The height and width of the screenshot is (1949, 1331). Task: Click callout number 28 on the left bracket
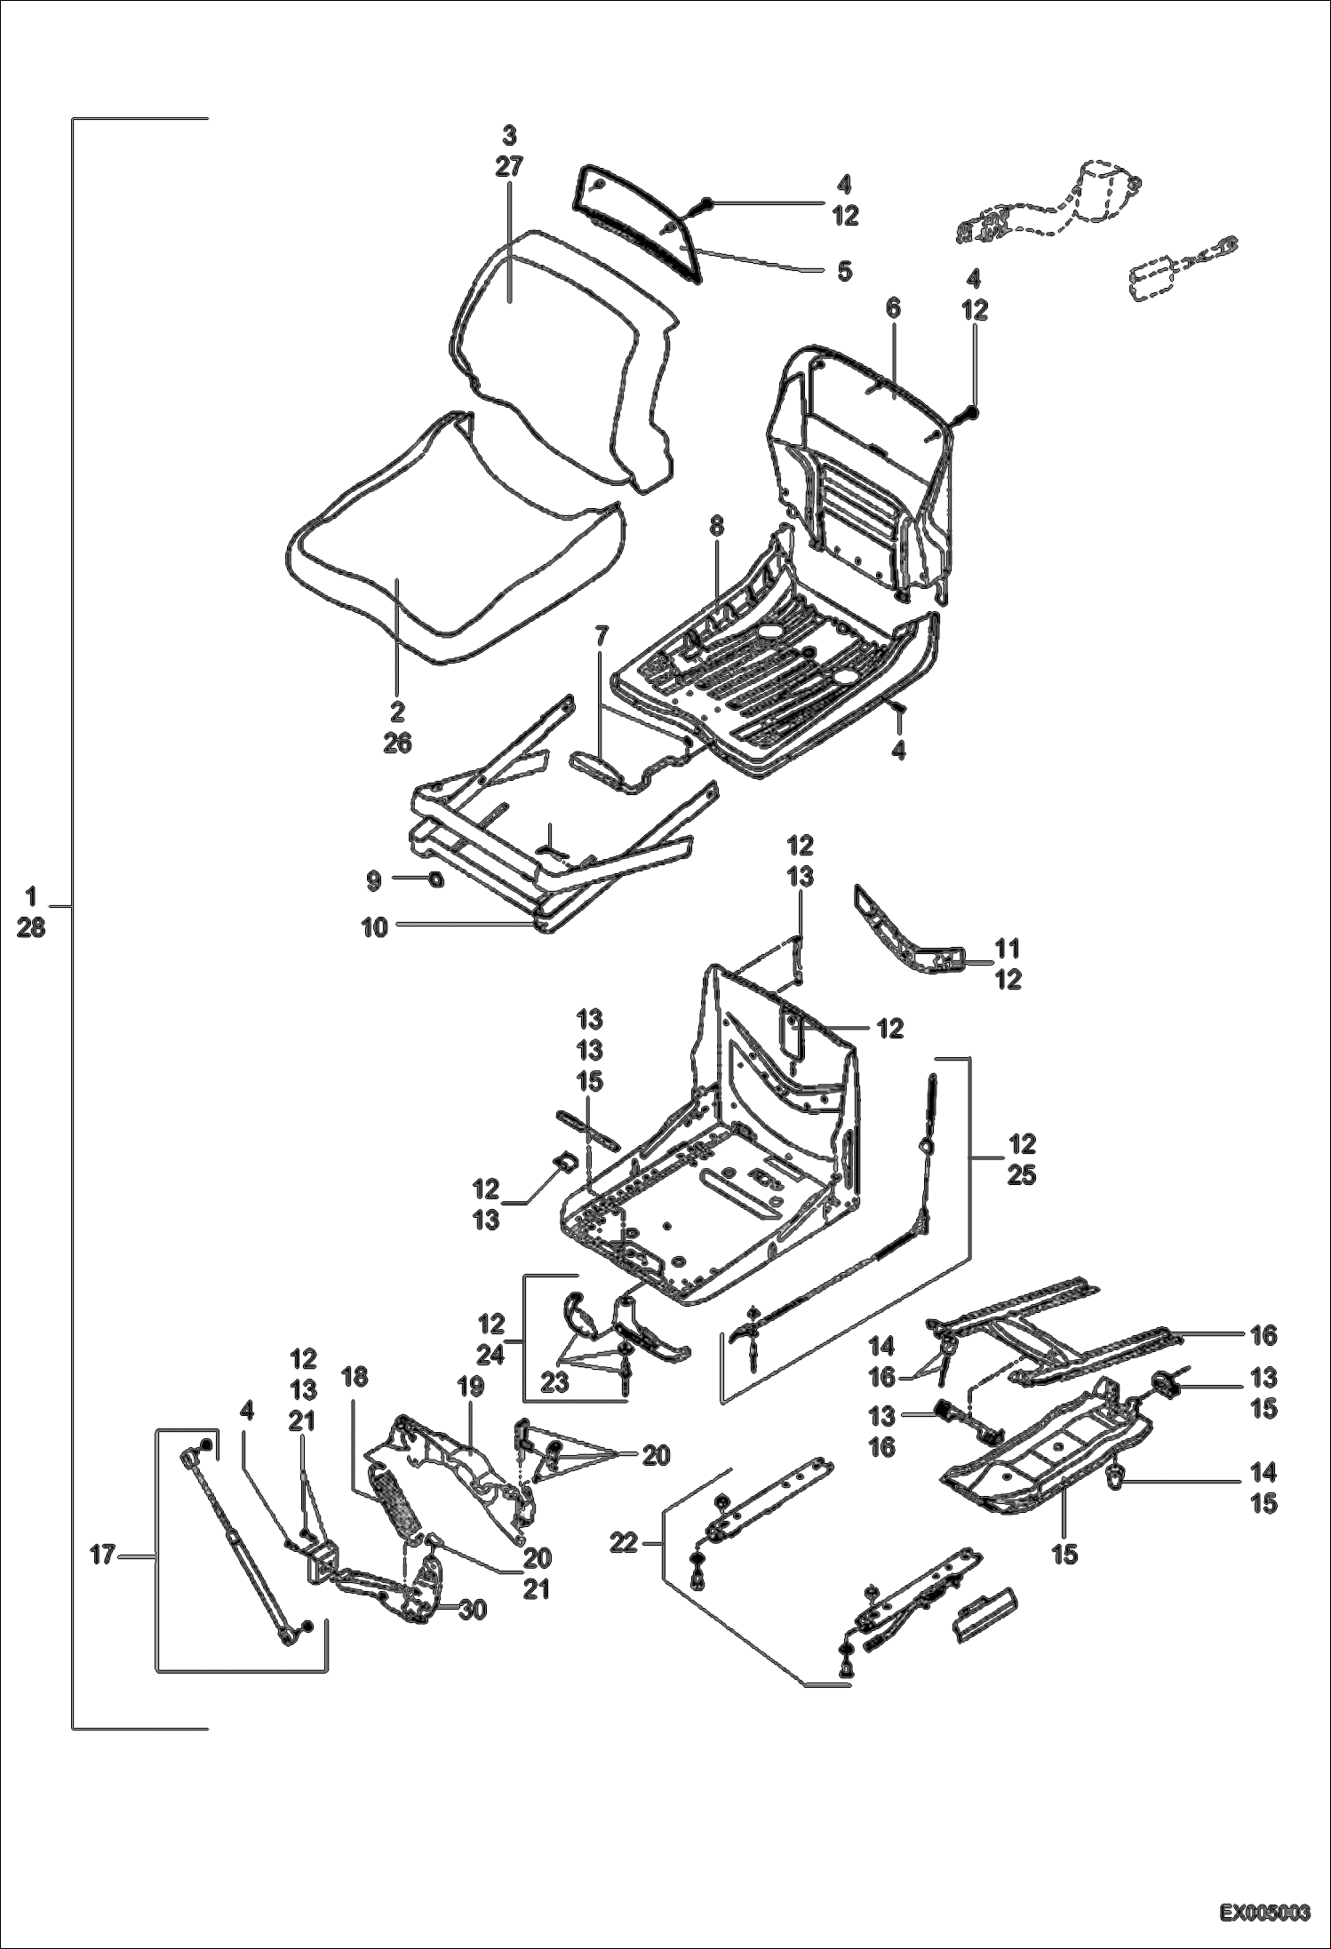click(30, 929)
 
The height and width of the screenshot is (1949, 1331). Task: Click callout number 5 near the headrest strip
click(843, 271)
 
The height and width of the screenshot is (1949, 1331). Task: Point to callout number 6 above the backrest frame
click(892, 309)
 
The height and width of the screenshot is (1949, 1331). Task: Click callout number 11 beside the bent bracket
click(1008, 948)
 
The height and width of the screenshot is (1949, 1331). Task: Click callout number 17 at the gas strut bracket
click(103, 1555)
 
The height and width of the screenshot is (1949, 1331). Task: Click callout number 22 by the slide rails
click(625, 1545)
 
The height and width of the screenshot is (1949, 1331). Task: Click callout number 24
click(490, 1356)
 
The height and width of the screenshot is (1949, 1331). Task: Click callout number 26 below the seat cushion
click(397, 743)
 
